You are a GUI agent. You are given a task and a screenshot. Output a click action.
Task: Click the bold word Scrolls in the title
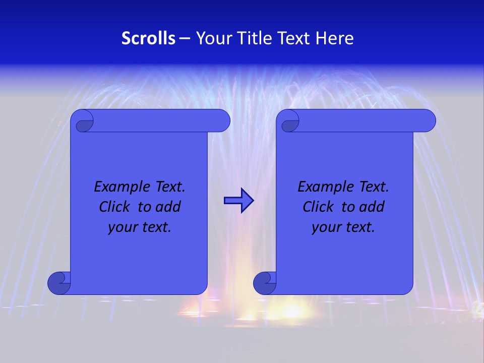click(x=149, y=38)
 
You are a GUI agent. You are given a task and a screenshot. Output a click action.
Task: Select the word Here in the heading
click(x=335, y=38)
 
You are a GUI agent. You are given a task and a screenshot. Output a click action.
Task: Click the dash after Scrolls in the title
click(x=185, y=39)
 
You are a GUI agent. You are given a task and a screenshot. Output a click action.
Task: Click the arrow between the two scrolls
click(x=238, y=201)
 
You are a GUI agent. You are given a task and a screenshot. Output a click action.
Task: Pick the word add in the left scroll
click(x=168, y=207)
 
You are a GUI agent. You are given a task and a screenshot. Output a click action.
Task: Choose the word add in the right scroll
click(x=372, y=207)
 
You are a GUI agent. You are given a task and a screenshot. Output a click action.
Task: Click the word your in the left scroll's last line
click(x=122, y=228)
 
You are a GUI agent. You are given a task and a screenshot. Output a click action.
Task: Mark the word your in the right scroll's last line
click(x=326, y=228)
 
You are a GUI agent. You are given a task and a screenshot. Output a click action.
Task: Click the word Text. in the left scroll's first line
click(x=168, y=187)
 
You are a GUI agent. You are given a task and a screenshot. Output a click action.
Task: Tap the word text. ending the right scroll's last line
click(x=360, y=228)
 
